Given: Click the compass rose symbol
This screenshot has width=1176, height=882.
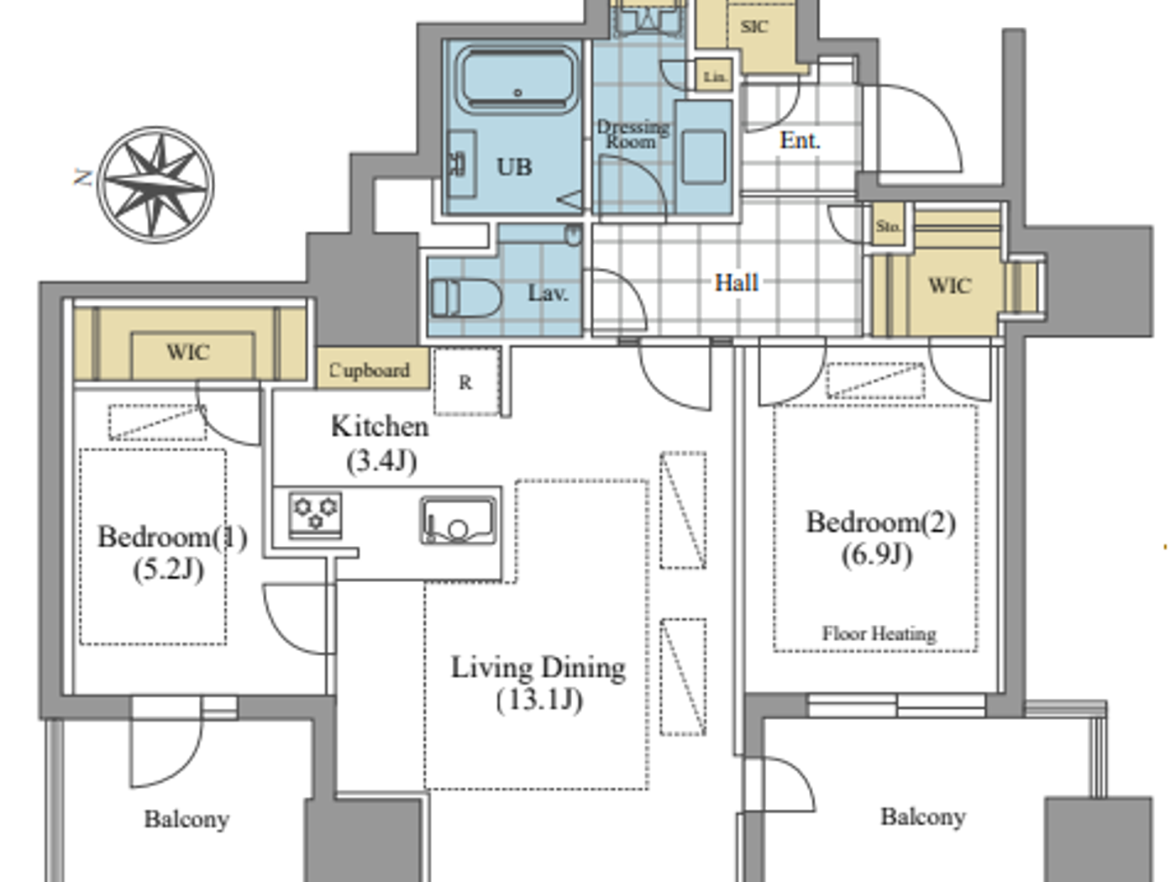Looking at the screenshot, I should [155, 184].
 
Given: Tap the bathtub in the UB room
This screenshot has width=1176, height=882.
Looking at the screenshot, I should [517, 81].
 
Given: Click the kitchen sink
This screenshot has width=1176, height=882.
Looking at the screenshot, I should [458, 521].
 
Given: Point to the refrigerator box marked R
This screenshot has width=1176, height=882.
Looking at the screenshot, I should [465, 382].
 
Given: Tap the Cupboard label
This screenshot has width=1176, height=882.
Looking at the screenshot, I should [370, 370].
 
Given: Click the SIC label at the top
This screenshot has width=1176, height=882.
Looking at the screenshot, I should [753, 27].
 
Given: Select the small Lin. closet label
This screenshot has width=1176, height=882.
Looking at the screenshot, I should [714, 76].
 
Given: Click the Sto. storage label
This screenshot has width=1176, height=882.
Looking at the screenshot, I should [888, 226].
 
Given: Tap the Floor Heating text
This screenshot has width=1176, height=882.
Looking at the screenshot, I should [879, 633].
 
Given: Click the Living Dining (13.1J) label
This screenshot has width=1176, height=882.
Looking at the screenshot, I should [538, 683].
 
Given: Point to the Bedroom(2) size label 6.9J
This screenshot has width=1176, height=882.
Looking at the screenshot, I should [877, 554].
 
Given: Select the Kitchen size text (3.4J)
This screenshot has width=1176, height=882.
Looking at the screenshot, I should [381, 460].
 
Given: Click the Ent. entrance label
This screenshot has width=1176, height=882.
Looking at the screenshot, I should [799, 140].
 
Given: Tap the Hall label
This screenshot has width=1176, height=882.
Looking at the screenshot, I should [736, 282].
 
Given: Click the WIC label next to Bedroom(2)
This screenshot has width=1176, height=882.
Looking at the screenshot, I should [949, 286].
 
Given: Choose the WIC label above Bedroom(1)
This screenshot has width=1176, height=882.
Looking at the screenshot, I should [187, 352].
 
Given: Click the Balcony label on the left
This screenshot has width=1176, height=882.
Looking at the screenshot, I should [186, 819].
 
